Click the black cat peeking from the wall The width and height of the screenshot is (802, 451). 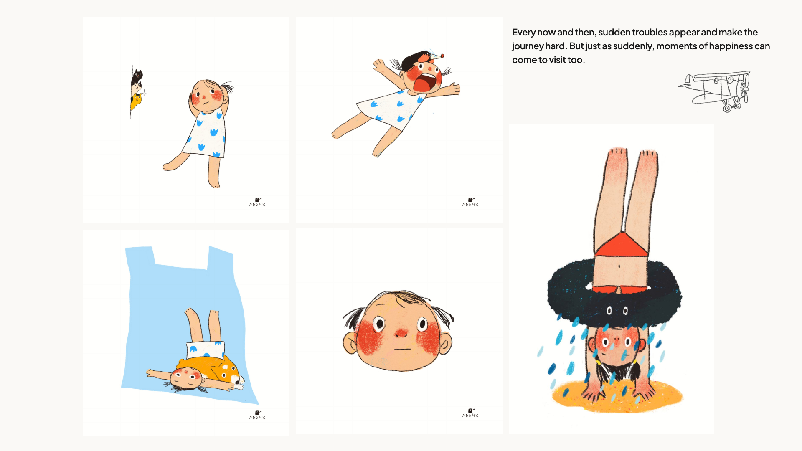click(137, 77)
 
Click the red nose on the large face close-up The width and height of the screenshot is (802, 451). click(401, 333)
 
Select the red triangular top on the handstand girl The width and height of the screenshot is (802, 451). click(621, 245)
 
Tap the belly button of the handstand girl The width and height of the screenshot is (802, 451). click(619, 266)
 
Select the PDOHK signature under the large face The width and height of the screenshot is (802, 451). click(470, 413)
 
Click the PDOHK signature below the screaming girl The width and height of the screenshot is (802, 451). click(470, 202)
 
